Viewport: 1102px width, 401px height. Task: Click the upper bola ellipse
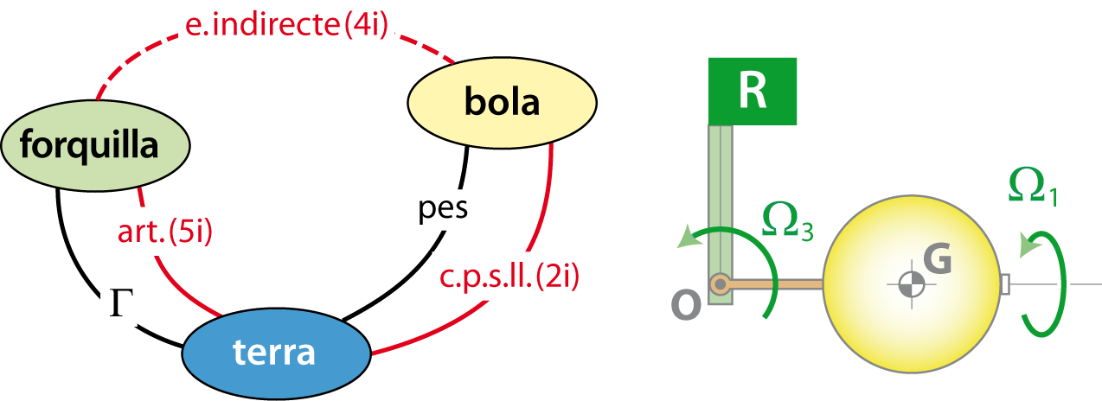(502, 102)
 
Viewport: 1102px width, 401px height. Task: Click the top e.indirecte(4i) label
(286, 24)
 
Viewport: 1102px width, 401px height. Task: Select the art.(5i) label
(164, 231)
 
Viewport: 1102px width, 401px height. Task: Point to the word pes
(445, 208)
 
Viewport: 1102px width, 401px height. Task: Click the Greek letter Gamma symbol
(119, 302)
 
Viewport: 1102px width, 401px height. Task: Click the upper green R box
(753, 91)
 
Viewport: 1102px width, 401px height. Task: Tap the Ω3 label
(787, 220)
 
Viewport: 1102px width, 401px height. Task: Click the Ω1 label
(1032, 186)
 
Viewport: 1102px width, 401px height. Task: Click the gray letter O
(686, 303)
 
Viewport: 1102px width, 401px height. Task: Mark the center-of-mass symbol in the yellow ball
(910, 283)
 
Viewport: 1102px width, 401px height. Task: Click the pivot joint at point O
(720, 283)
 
